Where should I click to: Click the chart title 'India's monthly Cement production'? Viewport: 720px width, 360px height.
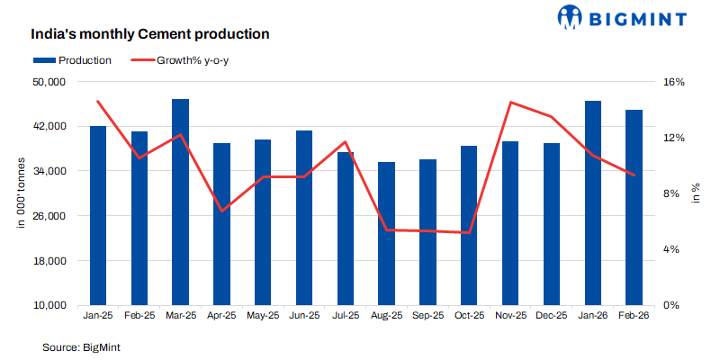point(150,35)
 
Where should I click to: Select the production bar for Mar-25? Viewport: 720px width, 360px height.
point(180,202)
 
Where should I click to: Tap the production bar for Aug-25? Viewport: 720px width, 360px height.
point(386,234)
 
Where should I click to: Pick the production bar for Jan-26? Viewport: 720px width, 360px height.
point(592,203)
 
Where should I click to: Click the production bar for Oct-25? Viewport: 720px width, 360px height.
point(469,226)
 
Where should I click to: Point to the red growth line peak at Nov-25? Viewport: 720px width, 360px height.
point(510,103)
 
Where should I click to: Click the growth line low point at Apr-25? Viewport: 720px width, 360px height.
point(221,211)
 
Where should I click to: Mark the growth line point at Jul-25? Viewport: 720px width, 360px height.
point(345,142)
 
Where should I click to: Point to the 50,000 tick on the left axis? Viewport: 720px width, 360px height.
point(49,82)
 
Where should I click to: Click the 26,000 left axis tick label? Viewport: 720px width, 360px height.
point(49,216)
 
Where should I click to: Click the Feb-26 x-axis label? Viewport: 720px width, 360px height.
point(634,317)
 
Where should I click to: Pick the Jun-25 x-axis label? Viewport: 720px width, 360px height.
point(304,317)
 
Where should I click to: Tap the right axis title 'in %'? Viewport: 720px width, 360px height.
point(695,193)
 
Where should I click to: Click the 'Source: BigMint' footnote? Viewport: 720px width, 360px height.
point(81,346)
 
